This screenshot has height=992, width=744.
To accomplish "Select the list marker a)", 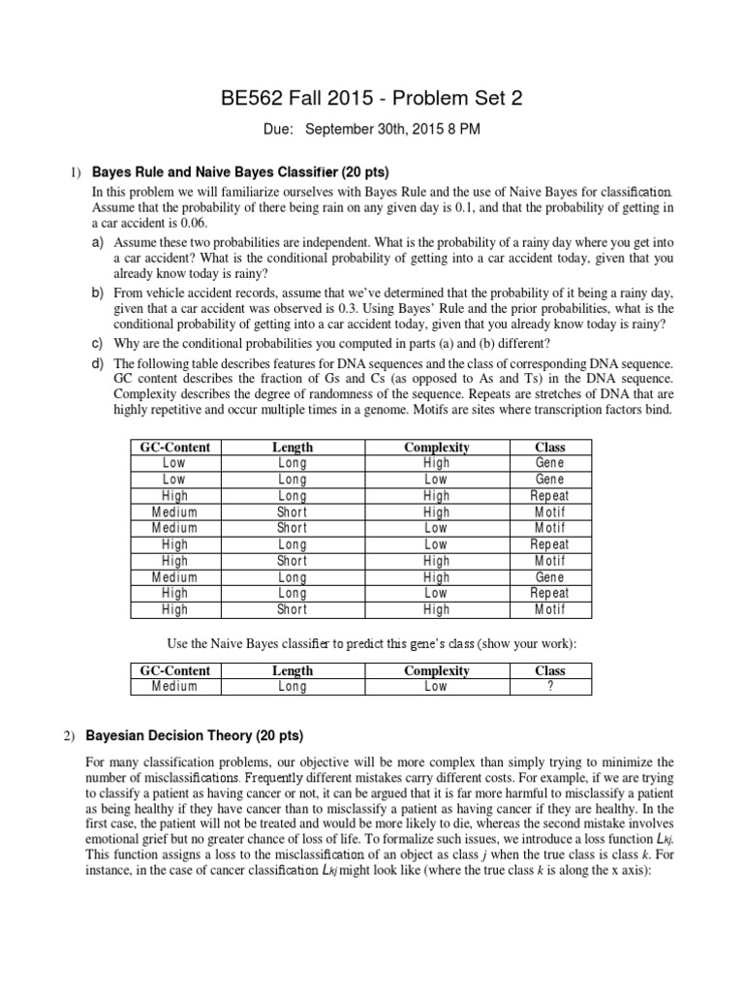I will pos(98,240).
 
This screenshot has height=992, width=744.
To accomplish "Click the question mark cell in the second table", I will pos(550,686).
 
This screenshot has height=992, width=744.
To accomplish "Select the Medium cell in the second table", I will pos(174,686).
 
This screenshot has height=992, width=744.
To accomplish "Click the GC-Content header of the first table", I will pos(175,447).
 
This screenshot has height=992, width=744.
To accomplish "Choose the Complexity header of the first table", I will pos(436,447).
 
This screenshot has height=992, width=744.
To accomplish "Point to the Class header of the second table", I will pos(550,670).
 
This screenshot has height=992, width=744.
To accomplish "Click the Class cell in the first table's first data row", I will pos(550,463).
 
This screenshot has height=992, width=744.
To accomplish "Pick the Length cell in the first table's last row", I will pos(293,609).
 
